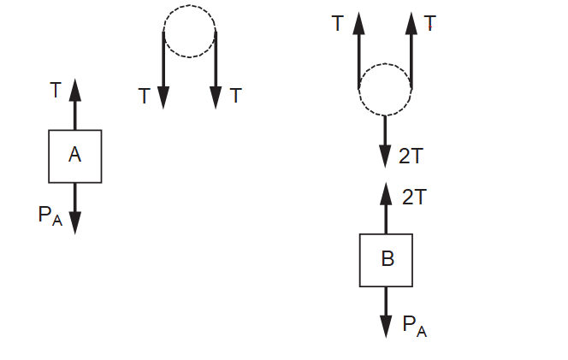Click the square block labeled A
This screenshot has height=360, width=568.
coord(75,156)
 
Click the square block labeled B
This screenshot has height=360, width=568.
coord(386,260)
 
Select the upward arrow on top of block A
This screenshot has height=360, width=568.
coord(75,103)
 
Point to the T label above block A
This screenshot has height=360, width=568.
coord(56,89)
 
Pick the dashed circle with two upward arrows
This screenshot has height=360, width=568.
coord(386,88)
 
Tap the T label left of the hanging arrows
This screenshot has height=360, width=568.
coord(144,97)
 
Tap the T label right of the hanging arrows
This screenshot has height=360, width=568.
coord(236,96)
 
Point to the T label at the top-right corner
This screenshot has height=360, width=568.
coord(430,23)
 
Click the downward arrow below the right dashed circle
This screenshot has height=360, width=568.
coord(386,140)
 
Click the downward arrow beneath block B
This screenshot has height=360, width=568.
coord(386,312)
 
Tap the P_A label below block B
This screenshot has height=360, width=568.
coord(414,325)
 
